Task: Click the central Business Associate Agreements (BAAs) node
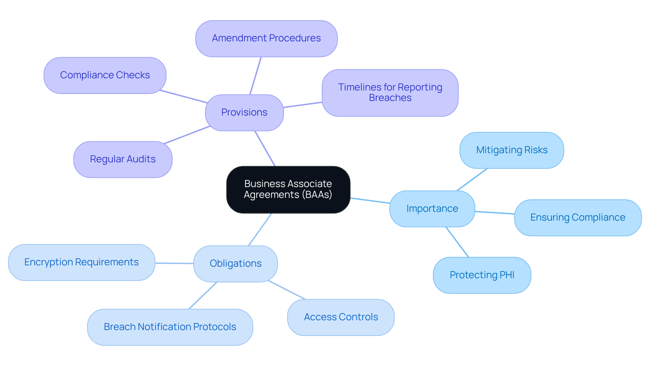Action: click(x=288, y=189)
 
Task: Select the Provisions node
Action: click(x=244, y=113)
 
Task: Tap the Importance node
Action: click(x=432, y=209)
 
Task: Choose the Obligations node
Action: click(x=235, y=264)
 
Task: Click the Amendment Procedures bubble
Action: click(x=266, y=38)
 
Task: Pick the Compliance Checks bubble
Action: click(x=105, y=75)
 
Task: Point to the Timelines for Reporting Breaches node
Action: click(x=390, y=93)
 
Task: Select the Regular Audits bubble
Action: click(x=123, y=159)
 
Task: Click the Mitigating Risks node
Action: click(x=512, y=150)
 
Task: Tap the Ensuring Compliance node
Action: click(x=578, y=218)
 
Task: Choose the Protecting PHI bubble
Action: click(x=482, y=275)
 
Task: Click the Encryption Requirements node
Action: click(x=81, y=262)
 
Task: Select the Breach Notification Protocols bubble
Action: click(x=170, y=327)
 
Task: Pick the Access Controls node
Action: click(x=341, y=317)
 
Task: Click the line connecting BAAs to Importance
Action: click(x=370, y=201)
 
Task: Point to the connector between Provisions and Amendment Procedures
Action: click(x=256, y=76)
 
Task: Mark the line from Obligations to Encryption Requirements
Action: click(x=174, y=263)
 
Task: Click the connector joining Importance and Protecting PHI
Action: click(x=457, y=242)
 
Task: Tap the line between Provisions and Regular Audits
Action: click(x=187, y=135)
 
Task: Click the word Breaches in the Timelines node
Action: click(x=390, y=98)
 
